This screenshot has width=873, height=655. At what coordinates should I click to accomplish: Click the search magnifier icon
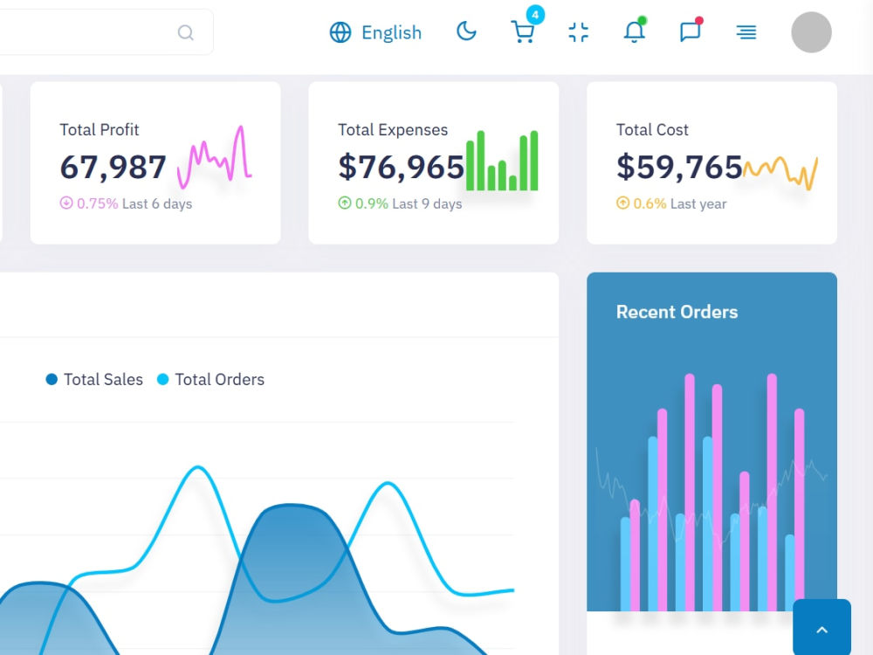point(185,33)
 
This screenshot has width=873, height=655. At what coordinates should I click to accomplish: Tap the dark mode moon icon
point(466,31)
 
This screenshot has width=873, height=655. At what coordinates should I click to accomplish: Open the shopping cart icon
point(523,32)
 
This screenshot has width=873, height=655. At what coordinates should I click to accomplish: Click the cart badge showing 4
point(535,15)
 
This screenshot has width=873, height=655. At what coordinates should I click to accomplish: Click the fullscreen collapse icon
point(579,32)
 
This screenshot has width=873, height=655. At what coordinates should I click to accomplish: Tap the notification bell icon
point(634,31)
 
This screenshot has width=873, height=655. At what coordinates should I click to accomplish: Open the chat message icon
point(691,31)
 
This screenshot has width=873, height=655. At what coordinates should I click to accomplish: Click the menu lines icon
point(746,32)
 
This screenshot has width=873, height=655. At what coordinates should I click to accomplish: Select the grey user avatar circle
point(811,32)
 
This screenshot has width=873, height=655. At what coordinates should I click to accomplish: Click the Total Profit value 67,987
point(113,167)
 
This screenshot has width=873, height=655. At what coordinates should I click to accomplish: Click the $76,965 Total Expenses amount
point(401,167)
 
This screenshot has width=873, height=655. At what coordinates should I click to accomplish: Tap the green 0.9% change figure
point(371,203)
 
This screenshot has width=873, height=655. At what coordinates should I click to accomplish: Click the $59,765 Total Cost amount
point(679,167)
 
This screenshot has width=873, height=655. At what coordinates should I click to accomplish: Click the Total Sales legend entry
point(94,379)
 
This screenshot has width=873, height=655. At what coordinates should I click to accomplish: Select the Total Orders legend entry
point(210,379)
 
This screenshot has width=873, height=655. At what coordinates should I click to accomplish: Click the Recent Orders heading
point(677,312)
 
